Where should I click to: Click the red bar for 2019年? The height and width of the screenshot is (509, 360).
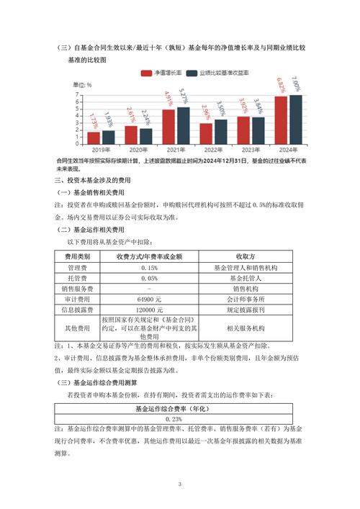point(94,138)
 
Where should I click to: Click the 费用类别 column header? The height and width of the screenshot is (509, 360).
point(77,256)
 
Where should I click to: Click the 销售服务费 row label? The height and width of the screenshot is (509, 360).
point(77,288)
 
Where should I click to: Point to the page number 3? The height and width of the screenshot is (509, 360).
point(180,485)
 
